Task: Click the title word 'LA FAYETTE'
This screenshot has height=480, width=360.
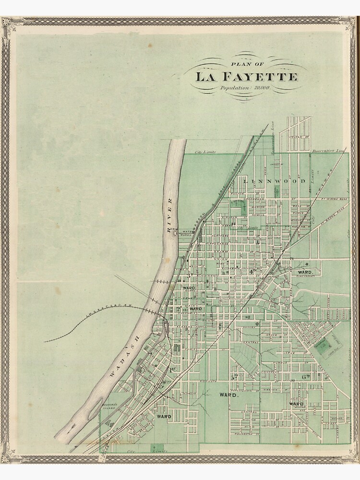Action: pyautogui.click(x=246, y=77)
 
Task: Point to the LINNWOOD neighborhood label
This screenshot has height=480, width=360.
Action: pyautogui.click(x=274, y=181)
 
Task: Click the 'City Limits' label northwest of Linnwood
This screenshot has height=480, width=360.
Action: pyautogui.click(x=205, y=152)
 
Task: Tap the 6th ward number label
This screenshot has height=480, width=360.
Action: pyautogui.click(x=304, y=377)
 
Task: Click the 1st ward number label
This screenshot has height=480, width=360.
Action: pyautogui.click(x=172, y=369)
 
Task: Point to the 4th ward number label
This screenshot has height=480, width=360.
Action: pyautogui.click(x=251, y=271)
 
